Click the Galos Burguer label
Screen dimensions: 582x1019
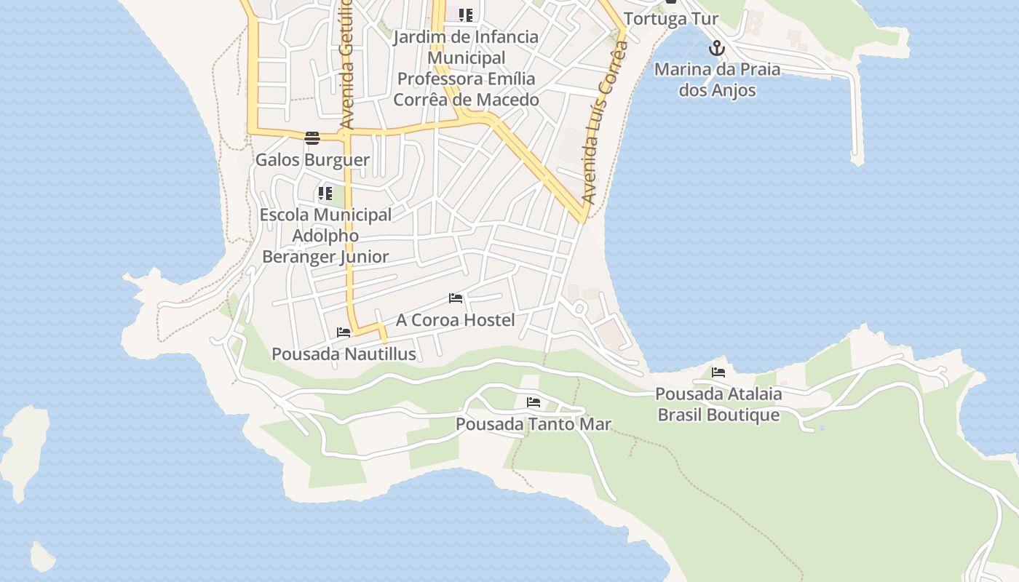click(x=312, y=159)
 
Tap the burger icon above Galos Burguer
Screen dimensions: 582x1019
click(x=312, y=138)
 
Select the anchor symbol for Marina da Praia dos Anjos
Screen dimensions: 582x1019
click(x=717, y=49)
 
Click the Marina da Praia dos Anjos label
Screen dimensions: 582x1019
click(x=717, y=80)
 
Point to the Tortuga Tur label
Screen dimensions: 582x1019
click(x=671, y=19)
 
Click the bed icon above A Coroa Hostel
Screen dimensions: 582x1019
click(x=456, y=298)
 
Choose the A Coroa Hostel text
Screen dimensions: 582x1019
click(x=456, y=320)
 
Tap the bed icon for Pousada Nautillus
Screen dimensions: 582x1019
click(x=344, y=332)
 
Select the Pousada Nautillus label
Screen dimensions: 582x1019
click(x=344, y=354)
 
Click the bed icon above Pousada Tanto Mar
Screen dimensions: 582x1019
click(x=534, y=402)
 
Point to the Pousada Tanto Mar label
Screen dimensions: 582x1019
click(x=534, y=423)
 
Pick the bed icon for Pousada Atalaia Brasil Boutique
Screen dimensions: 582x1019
click(x=718, y=372)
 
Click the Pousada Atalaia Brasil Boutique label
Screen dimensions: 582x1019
click(x=718, y=404)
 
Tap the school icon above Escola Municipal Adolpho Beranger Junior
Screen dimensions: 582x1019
click(x=325, y=194)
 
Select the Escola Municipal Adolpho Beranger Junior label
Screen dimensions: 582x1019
click(x=325, y=236)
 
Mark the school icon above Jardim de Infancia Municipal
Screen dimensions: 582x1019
click(x=466, y=15)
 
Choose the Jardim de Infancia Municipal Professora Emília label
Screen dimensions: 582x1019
click(x=466, y=68)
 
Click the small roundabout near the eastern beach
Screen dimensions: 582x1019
click(x=579, y=308)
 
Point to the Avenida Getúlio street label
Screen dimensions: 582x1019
click(x=346, y=65)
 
